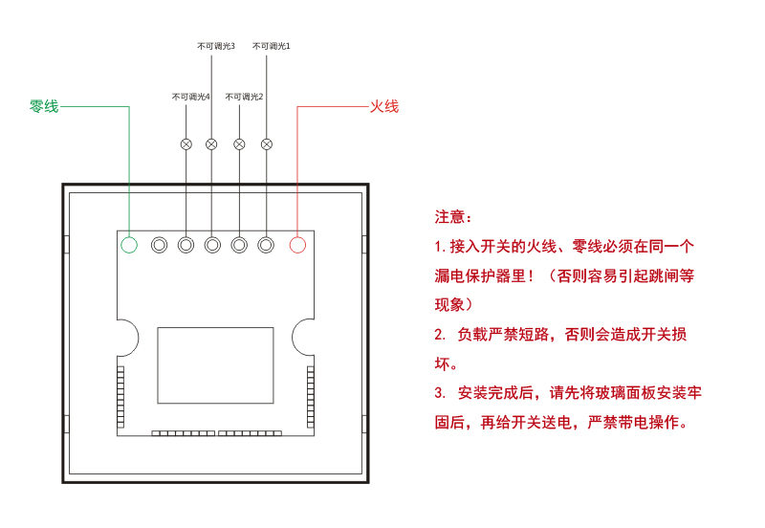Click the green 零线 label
(x=44, y=106)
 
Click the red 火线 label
(x=383, y=106)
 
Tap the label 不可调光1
(x=271, y=46)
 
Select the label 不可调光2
(x=244, y=97)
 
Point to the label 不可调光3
(x=216, y=46)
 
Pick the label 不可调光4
(x=190, y=97)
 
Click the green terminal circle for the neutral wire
(x=129, y=245)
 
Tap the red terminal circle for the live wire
(x=297, y=245)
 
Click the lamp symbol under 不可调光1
(x=267, y=143)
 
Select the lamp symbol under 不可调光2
(x=239, y=143)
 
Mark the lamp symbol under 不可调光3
(x=212, y=143)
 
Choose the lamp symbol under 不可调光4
(x=186, y=143)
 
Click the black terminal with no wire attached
(x=158, y=245)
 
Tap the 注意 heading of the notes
(x=453, y=217)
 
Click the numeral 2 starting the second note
(x=439, y=335)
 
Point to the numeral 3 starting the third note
(x=439, y=393)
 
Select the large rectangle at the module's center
(x=215, y=363)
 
